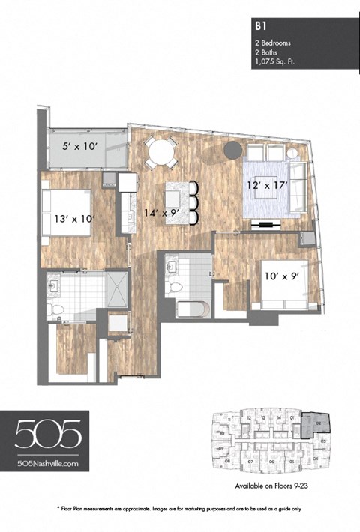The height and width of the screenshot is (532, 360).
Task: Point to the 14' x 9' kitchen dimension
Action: point(161,212)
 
